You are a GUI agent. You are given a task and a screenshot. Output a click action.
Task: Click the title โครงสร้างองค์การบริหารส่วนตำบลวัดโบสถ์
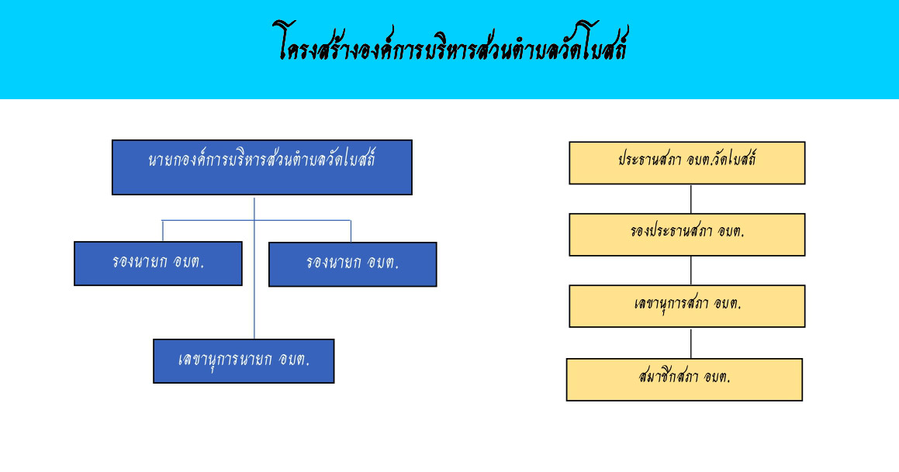[451, 43]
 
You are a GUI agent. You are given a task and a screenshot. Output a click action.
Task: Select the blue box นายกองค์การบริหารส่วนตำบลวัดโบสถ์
[262, 167]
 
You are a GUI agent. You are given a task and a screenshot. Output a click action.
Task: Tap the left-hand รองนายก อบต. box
[158, 264]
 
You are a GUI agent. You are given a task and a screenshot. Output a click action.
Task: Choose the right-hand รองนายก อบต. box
[353, 264]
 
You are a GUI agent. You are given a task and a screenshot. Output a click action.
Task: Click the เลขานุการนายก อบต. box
[244, 361]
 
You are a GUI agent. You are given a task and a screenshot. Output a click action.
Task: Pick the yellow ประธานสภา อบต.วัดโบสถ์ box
[687, 163]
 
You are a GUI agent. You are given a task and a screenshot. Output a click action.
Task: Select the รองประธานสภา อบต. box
[687, 235]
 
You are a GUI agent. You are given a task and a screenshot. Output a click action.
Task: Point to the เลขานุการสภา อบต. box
[687, 306]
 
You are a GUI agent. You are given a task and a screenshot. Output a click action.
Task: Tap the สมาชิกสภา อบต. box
[685, 380]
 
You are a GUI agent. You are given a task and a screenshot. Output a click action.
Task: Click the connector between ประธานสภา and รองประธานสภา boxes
[691, 198]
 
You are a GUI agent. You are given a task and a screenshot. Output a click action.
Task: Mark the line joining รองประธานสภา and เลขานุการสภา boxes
[691, 270]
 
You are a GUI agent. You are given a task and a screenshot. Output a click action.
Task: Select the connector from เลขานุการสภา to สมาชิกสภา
[691, 343]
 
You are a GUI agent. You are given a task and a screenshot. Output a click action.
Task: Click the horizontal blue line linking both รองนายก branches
[256, 220]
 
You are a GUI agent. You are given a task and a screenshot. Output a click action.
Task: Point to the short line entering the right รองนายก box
[351, 231]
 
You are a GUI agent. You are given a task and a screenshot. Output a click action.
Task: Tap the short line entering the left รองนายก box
[163, 230]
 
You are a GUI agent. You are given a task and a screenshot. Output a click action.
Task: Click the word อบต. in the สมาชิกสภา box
[717, 377]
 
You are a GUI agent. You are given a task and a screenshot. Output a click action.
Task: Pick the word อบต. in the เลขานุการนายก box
[294, 359]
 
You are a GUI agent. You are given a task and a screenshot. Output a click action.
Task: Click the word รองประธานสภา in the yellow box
[671, 231]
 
